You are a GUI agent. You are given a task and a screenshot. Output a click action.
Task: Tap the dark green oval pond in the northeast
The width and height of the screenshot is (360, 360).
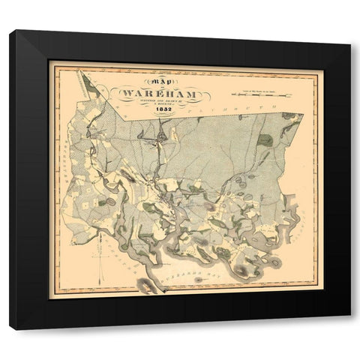tap(264, 139)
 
